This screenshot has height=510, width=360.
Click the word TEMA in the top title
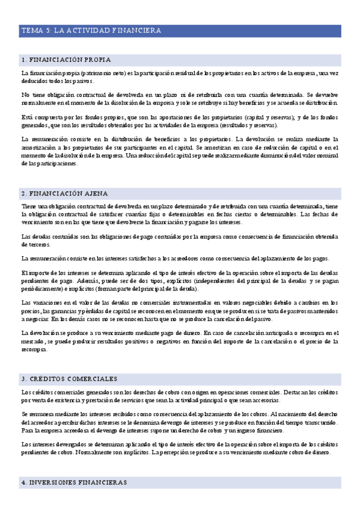30,30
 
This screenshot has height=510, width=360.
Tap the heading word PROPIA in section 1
97,60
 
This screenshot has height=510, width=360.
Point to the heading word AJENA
94,194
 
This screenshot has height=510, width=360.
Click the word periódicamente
42,290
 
